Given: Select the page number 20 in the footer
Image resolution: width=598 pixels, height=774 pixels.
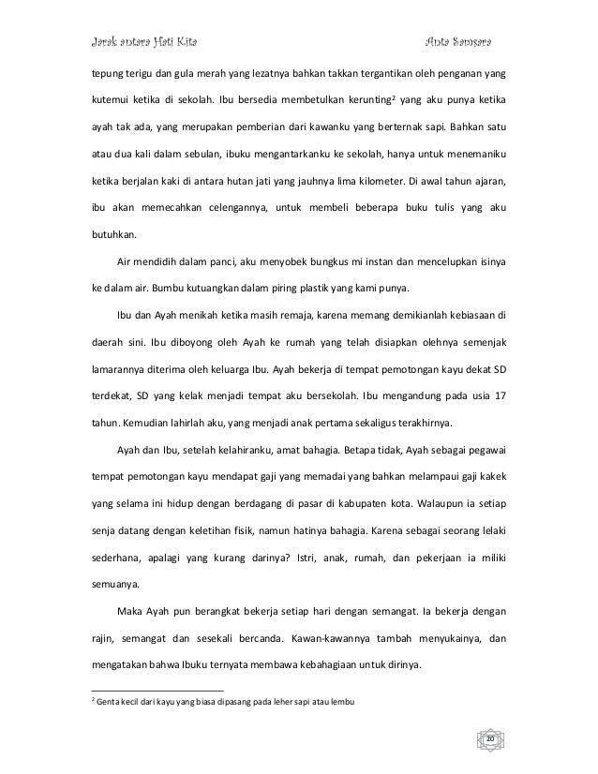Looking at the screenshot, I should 488,740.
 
